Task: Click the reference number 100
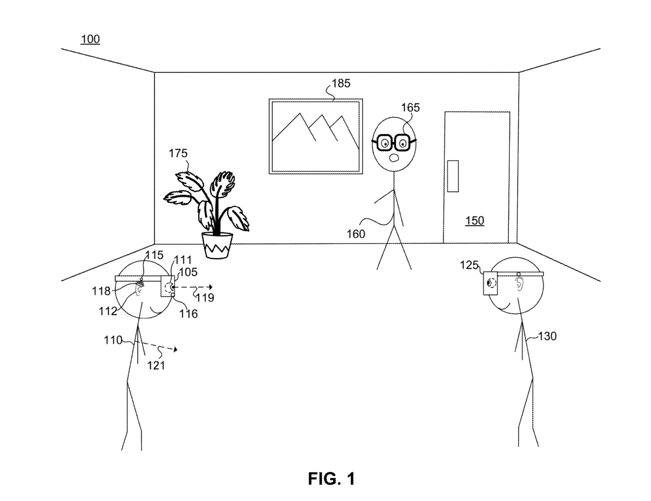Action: click(90, 39)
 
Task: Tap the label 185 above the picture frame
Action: click(341, 83)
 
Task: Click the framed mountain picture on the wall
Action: click(316, 137)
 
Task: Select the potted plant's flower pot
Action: click(217, 246)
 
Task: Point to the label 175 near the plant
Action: click(178, 153)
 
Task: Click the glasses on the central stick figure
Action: click(394, 142)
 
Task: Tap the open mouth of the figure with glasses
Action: click(393, 158)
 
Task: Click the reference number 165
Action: click(410, 108)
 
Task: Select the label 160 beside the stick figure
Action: click(356, 234)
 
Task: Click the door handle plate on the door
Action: click(453, 176)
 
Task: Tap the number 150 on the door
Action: click(474, 221)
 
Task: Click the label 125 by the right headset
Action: click(469, 265)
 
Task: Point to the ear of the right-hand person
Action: click(519, 284)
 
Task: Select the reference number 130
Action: click(547, 336)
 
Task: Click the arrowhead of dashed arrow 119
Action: click(211, 287)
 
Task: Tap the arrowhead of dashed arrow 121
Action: click(176, 350)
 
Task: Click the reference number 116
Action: click(188, 314)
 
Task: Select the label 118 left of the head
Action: click(101, 291)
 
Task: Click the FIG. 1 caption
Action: click(331, 479)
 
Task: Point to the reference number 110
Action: click(113, 340)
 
